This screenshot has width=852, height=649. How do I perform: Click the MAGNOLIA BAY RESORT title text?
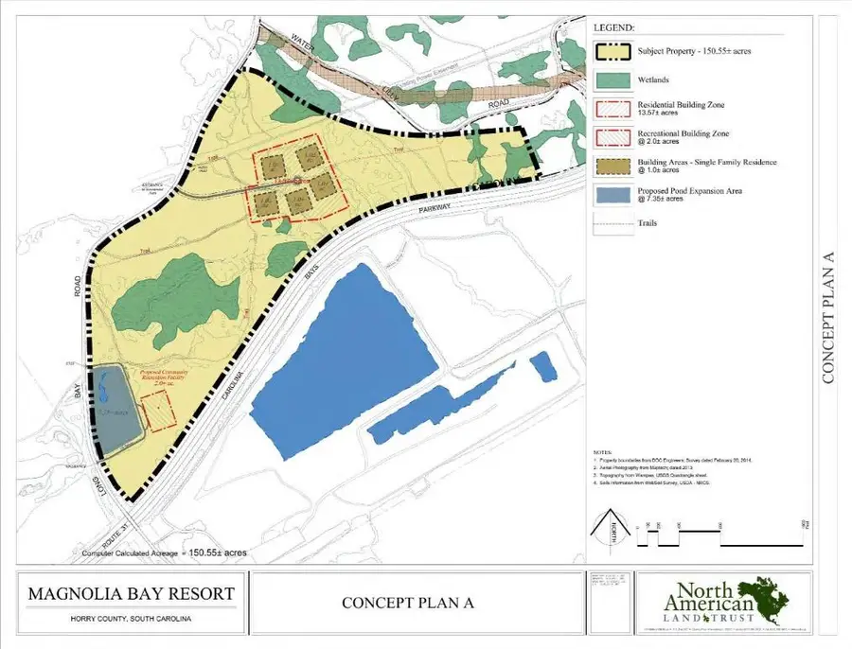coord(132,595)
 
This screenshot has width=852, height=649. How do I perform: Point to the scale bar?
coord(724,537)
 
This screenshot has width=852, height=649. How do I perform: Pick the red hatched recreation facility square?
coord(158,413)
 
